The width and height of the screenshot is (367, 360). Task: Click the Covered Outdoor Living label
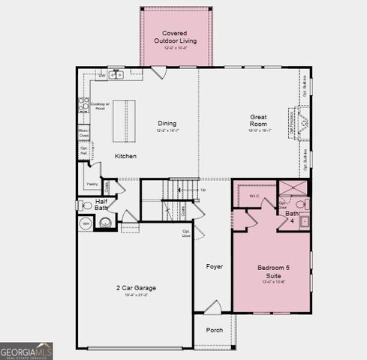point(175,37)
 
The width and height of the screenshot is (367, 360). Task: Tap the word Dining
point(167,123)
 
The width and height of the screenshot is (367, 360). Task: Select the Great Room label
point(259,120)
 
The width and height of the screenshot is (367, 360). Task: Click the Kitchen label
point(125,155)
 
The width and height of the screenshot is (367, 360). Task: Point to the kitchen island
point(125,121)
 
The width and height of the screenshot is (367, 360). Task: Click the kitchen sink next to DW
point(116,75)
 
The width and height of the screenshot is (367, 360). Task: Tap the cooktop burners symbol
point(83,104)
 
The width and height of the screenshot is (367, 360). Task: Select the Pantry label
point(92,184)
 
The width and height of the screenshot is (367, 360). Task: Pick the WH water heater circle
point(86,223)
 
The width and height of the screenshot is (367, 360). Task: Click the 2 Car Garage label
point(136,288)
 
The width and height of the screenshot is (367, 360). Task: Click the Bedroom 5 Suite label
point(272,271)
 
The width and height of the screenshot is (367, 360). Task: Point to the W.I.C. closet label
point(254,196)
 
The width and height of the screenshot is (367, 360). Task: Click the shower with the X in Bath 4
point(293,187)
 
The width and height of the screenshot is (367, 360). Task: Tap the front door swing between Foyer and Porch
point(213,307)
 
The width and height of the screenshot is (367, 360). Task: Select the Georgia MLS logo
point(26,350)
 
